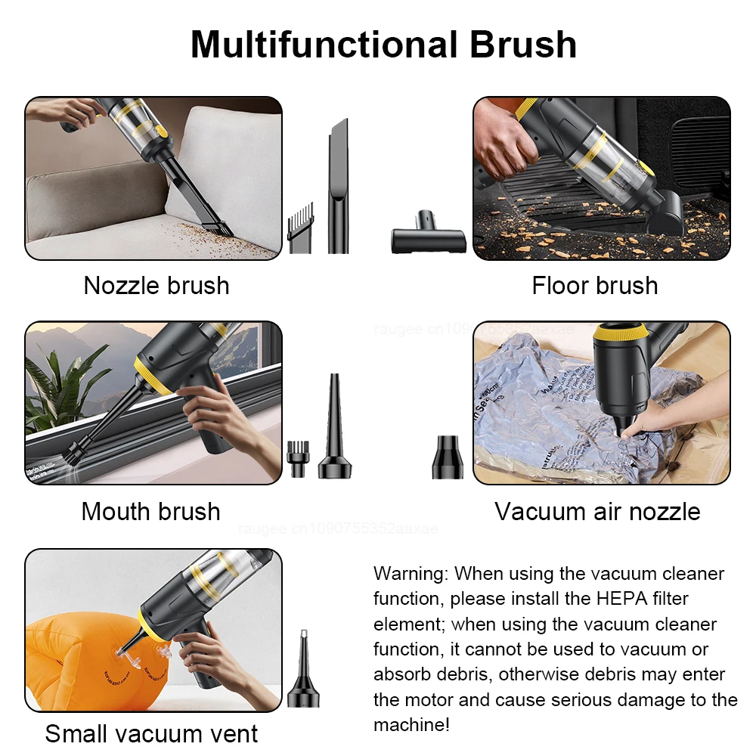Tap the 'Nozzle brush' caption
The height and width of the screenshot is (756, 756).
tap(156, 286)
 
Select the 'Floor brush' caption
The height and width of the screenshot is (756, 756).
tap(595, 286)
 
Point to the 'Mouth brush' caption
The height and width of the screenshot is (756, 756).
tap(151, 512)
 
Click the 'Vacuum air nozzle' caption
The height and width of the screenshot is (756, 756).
tap(597, 512)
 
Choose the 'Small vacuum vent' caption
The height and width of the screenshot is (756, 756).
tap(151, 733)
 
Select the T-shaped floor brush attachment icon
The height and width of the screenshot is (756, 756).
tap(428, 239)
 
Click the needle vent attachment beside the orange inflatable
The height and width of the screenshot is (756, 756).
tap(303, 669)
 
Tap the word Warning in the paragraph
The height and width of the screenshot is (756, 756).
tap(411, 574)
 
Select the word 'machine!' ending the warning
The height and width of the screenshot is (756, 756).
tap(411, 724)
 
